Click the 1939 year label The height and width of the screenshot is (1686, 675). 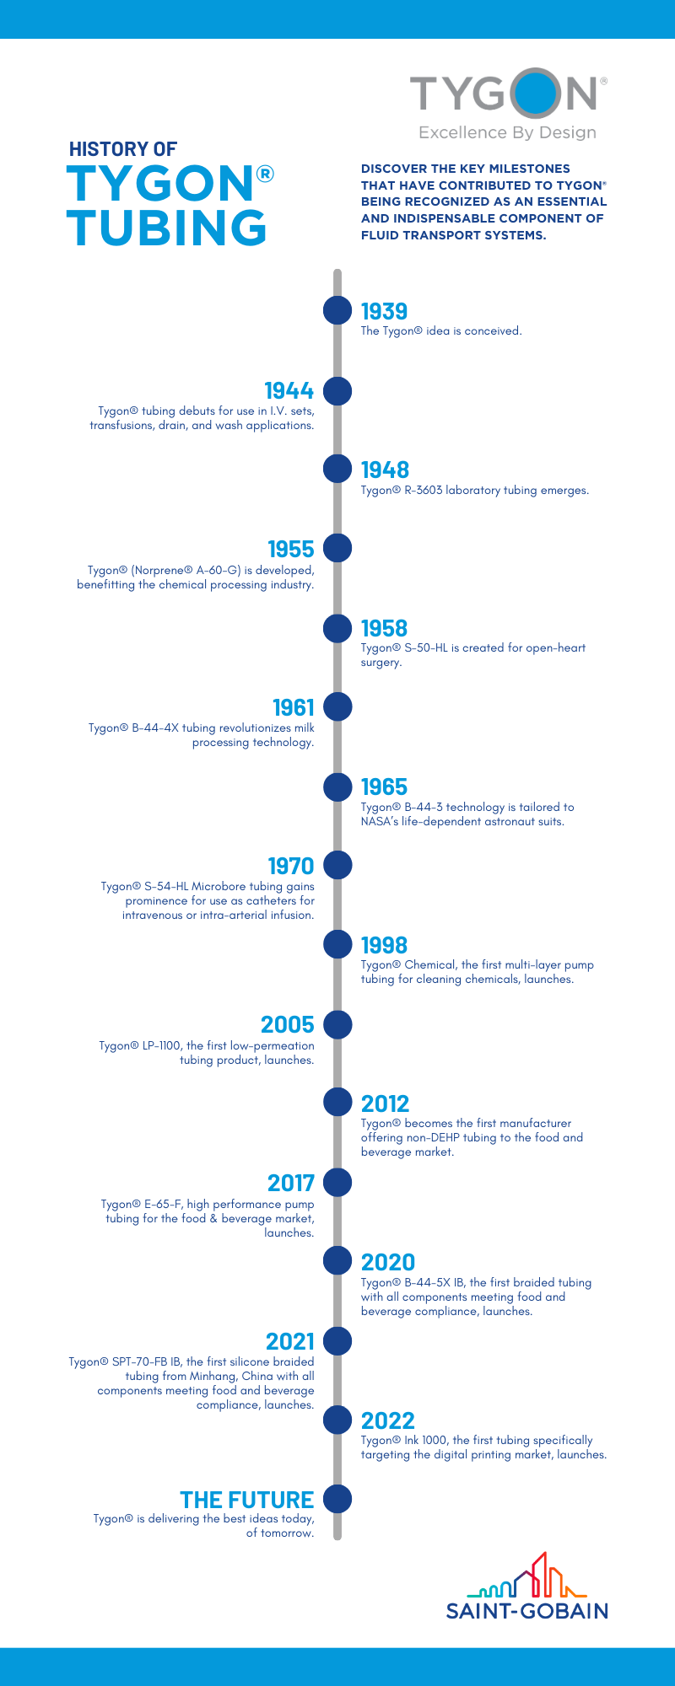click(384, 311)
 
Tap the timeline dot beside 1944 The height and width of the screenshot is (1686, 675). click(337, 390)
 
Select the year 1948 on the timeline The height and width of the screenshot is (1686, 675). click(385, 470)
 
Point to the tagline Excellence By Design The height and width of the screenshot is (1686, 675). click(507, 132)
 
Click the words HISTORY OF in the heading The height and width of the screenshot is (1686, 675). click(122, 149)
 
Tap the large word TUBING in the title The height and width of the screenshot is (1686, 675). click(166, 228)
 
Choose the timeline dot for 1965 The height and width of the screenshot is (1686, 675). click(337, 787)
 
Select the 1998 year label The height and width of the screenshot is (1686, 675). click(384, 945)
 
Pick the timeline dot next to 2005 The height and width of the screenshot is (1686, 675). click(337, 1024)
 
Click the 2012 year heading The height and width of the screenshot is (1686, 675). click(385, 1103)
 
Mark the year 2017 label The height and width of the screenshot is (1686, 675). click(290, 1183)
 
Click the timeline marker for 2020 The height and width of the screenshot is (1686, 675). click(337, 1261)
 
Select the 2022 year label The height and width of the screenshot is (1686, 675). click(388, 1420)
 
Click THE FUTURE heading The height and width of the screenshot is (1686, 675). click(246, 1500)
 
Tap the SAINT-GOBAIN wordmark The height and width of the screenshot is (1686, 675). click(527, 1611)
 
